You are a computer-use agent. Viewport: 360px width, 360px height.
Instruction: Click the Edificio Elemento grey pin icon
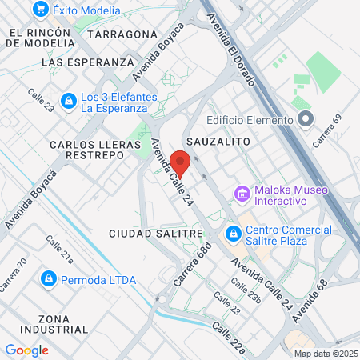pyautogui.click(x=304, y=121)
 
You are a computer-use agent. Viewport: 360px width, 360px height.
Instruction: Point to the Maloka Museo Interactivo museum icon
pyautogui.click(x=242, y=194)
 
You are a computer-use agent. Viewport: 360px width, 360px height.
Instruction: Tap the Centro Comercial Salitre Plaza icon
pyautogui.click(x=234, y=234)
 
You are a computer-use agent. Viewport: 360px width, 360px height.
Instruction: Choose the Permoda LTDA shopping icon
pyautogui.click(x=48, y=278)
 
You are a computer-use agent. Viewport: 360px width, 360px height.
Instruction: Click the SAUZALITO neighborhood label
pyautogui.click(x=218, y=141)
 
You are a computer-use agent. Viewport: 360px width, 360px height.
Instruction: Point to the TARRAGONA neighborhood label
pyautogui.click(x=122, y=34)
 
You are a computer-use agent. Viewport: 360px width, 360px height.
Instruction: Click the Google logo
pyautogui.click(x=26, y=350)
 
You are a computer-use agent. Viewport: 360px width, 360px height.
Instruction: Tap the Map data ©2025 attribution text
pyautogui.click(x=324, y=354)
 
